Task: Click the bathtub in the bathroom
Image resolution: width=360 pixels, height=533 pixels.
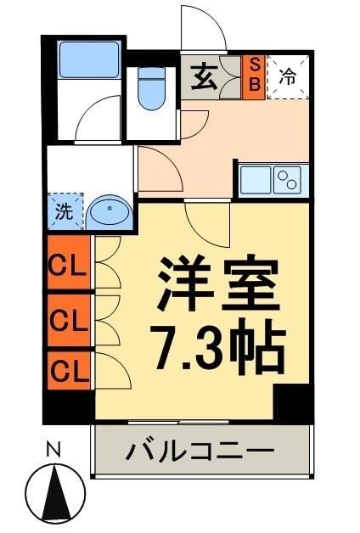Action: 89,60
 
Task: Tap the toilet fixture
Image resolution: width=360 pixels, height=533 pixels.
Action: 151,88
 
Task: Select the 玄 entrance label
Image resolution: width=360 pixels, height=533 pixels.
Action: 204,77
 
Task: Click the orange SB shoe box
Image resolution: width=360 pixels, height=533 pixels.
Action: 254,77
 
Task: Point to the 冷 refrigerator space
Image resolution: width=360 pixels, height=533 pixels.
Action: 288,77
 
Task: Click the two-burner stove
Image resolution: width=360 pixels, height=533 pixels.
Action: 287,180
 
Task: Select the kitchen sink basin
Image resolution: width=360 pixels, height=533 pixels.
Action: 255,180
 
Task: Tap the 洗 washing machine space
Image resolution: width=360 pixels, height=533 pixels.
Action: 65,211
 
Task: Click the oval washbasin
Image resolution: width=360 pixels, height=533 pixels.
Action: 110,212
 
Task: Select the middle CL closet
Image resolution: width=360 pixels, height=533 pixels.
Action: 69,320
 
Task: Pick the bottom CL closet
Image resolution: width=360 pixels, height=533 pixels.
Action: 69,371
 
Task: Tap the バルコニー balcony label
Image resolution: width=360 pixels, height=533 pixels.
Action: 200,451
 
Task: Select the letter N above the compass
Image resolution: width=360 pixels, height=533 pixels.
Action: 53,449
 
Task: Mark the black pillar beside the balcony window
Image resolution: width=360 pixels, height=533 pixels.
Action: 294,404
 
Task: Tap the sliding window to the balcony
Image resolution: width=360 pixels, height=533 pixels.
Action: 179,423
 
